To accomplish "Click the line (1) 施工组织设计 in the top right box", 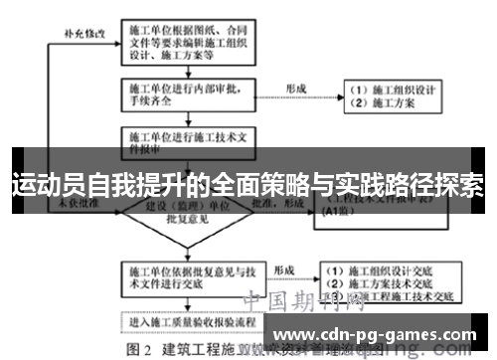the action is (x=394, y=89).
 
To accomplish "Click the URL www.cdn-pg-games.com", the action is (x=381, y=333).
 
